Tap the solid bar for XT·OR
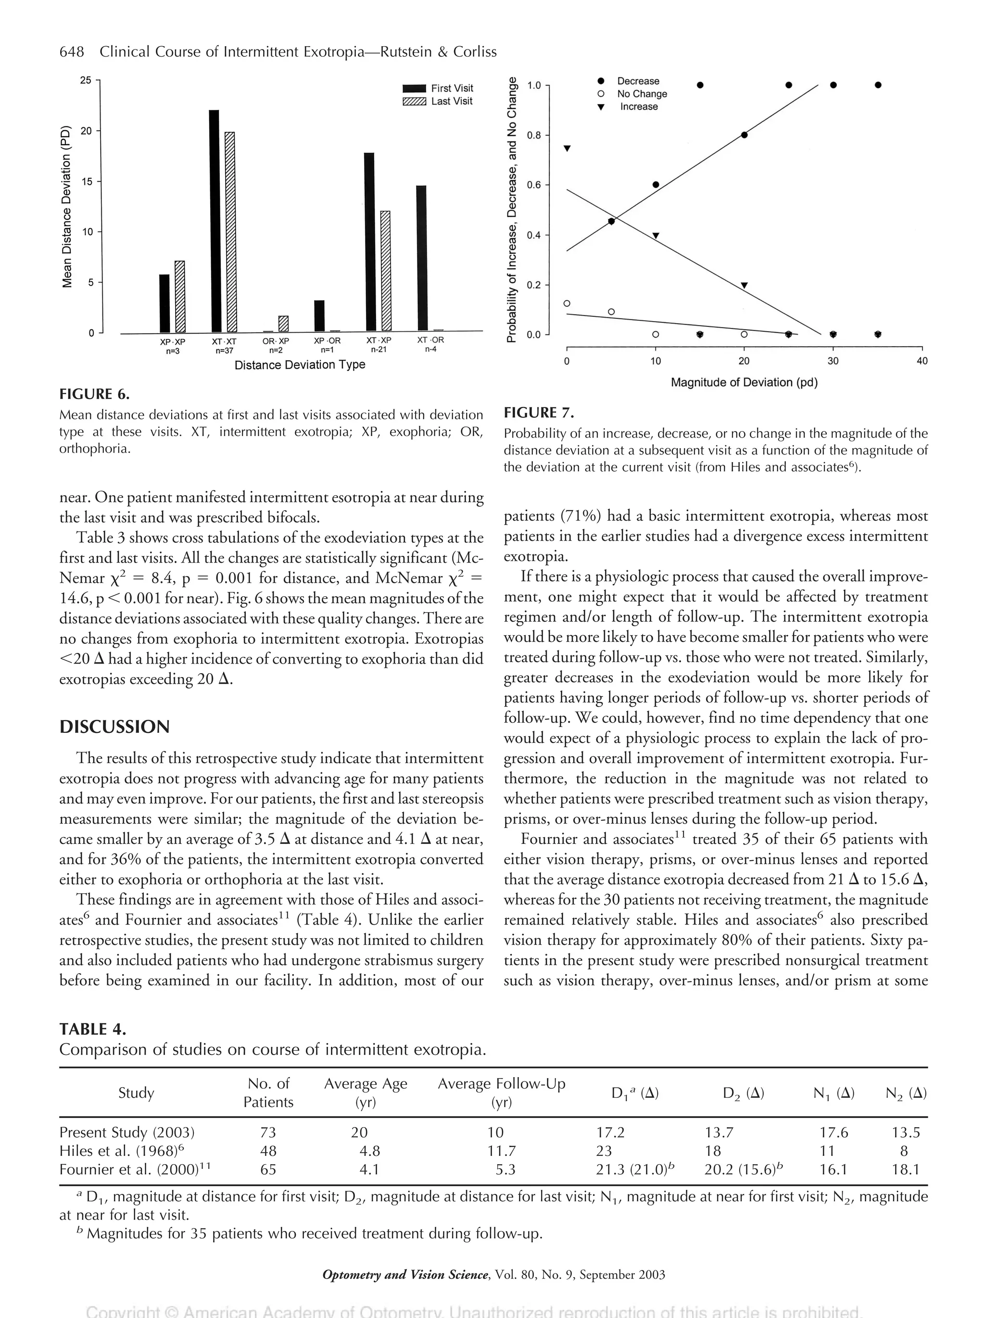point(421,258)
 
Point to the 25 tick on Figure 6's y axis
point(87,80)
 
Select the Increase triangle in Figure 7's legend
point(601,107)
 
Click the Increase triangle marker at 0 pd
point(567,149)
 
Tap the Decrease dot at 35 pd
point(878,85)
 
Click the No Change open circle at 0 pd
point(567,303)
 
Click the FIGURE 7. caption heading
point(539,412)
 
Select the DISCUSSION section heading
point(114,727)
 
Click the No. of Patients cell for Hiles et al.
point(268,1151)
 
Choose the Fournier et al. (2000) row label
point(135,1169)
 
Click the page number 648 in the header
point(72,52)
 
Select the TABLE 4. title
point(92,1029)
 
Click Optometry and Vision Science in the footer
point(405,1275)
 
